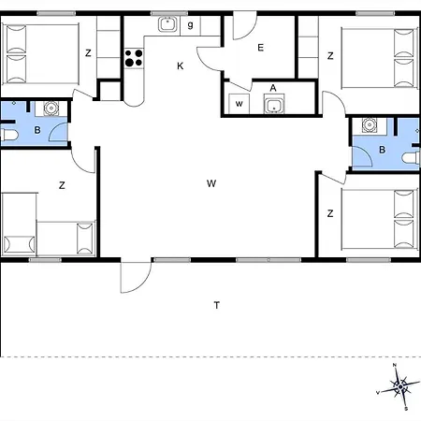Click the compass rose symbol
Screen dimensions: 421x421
tap(399, 385)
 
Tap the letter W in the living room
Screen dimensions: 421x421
tap(211, 183)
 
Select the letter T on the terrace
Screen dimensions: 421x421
tap(216, 305)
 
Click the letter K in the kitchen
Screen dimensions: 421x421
tap(181, 65)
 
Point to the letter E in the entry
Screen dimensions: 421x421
tap(261, 47)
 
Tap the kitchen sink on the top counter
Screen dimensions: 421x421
tap(168, 25)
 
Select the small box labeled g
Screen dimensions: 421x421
tap(190, 24)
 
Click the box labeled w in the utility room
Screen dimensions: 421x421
tap(240, 102)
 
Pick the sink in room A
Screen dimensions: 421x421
tap(273, 105)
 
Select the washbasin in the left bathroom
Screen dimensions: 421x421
tap(51, 110)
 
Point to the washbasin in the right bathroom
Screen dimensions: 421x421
tap(369, 124)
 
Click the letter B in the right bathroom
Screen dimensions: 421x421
tap(383, 150)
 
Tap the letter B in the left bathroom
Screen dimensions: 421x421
tap(36, 130)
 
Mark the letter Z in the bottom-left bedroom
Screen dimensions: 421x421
tap(62, 185)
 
